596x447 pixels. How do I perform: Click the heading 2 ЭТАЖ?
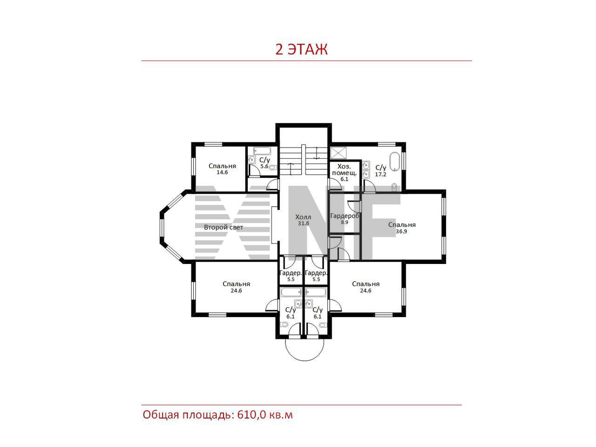click(301, 49)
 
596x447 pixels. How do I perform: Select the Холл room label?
click(303, 217)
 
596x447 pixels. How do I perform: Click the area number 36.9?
click(401, 231)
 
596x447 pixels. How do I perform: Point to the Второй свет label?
click(223, 227)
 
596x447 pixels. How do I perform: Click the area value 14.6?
click(222, 172)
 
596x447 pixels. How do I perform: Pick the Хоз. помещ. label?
click(344, 169)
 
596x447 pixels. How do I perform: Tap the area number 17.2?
click(380, 175)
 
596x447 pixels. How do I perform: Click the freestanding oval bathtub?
click(394, 162)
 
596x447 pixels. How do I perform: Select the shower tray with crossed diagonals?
click(337, 153)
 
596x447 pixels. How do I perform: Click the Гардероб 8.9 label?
click(345, 219)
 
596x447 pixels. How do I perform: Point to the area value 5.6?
click(264, 166)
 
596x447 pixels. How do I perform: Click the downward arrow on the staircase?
click(316, 153)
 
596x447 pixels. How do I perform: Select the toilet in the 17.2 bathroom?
click(394, 186)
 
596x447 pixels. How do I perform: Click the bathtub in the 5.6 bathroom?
click(262, 150)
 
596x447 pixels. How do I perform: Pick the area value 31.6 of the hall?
click(303, 223)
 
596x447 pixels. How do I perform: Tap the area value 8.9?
click(344, 222)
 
